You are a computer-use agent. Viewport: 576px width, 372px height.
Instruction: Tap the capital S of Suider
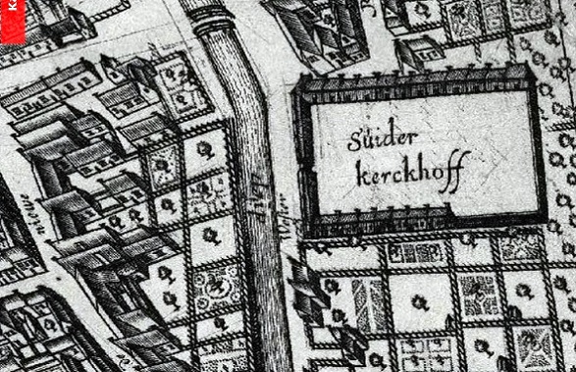[x=354, y=140]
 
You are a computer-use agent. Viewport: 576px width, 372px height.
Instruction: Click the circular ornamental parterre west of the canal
[x=219, y=285]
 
